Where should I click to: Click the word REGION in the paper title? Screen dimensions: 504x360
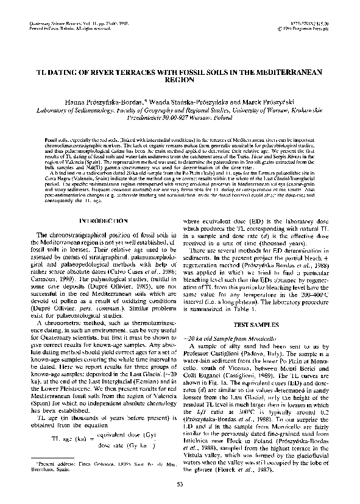(180, 80)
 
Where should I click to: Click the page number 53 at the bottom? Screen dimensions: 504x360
(180, 484)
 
